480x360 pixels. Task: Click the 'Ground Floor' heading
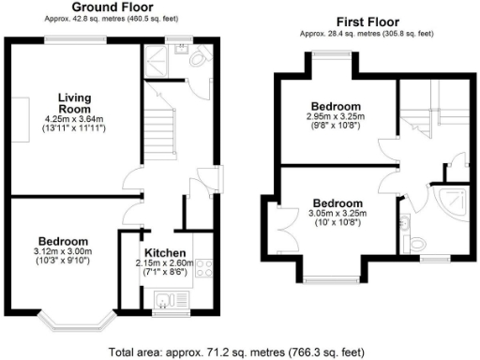pyautogui.click(x=112, y=7)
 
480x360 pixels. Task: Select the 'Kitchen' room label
pyautogui.click(x=164, y=253)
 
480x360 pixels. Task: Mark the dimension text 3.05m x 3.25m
pyautogui.click(x=338, y=214)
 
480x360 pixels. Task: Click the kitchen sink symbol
pyautogui.click(x=165, y=301)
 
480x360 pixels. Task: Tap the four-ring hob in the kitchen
pyautogui.click(x=201, y=267)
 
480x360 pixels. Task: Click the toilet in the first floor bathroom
pyautogui.click(x=404, y=225)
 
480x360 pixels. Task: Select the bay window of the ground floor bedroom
pyautogui.click(x=77, y=323)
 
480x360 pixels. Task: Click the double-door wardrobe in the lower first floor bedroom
pyautogui.click(x=283, y=228)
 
